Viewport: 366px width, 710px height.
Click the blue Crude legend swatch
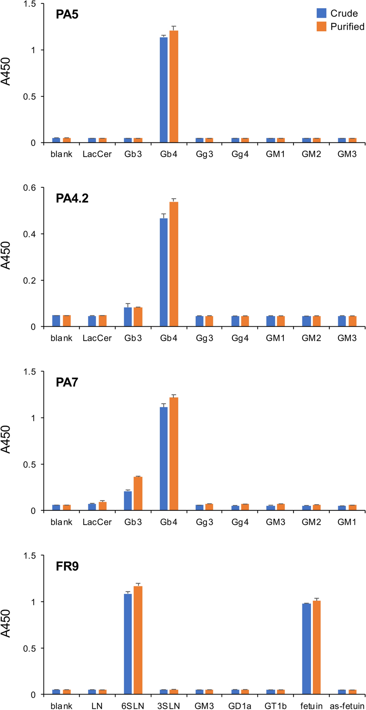pyautogui.click(x=321, y=14)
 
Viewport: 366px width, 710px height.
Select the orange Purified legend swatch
pyautogui.click(x=321, y=27)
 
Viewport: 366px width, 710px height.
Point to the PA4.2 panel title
pyautogui.click(x=72, y=198)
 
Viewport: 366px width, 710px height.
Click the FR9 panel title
pyautogui.click(x=67, y=566)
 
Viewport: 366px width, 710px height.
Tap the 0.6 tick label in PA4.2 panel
pyautogui.click(x=30, y=188)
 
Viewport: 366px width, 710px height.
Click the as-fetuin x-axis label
pyautogui.click(x=346, y=706)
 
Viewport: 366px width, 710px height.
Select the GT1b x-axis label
pyautogui.click(x=275, y=706)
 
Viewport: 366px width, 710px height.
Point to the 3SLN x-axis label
pyautogui.click(x=168, y=706)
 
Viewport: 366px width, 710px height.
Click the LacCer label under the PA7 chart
pyautogui.click(x=97, y=522)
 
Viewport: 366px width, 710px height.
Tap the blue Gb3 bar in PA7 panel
pyautogui.click(x=128, y=501)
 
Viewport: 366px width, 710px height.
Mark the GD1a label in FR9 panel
pyautogui.click(x=240, y=706)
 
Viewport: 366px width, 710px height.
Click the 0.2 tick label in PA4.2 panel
pyautogui.click(x=30, y=280)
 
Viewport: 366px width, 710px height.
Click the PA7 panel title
pyautogui.click(x=67, y=383)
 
